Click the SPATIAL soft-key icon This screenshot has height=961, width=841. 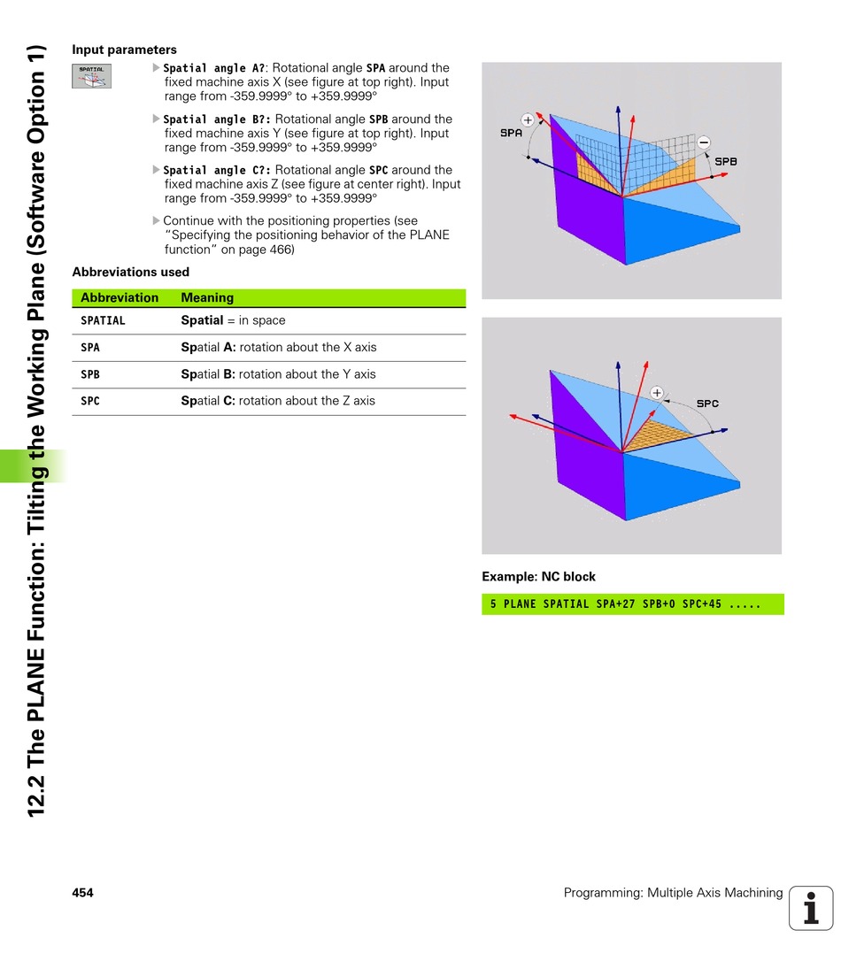[92, 76]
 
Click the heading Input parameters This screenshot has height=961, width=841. [124, 50]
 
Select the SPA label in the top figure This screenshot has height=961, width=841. [511, 133]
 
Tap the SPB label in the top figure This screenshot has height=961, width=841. [726, 162]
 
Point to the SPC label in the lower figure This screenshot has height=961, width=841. [707, 404]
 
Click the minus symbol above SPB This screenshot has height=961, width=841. [703, 142]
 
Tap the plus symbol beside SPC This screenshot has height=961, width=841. [657, 392]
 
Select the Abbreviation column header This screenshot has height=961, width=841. [120, 298]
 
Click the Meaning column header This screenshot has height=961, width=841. [207, 298]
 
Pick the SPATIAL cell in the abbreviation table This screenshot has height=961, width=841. [103, 320]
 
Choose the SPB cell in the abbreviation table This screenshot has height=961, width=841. [90, 374]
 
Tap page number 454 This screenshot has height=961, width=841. [82, 893]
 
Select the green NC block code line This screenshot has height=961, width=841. [632, 604]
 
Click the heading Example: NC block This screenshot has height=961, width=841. [538, 577]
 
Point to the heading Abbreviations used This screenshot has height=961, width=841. [130, 272]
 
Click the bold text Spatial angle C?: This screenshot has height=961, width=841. [218, 170]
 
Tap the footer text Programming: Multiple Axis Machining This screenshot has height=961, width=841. [673, 893]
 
